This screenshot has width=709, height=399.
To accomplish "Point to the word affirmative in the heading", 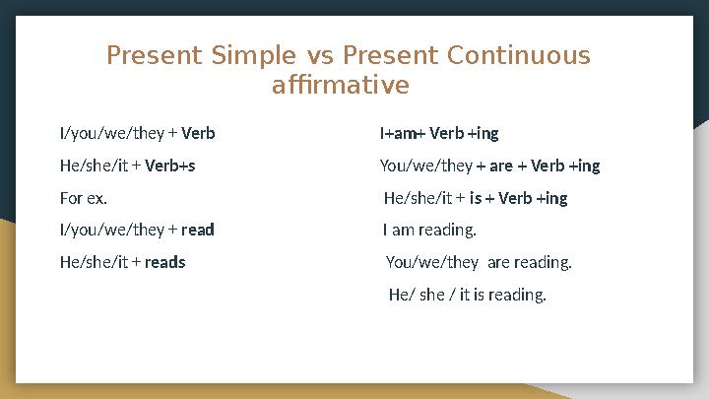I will pos(340,87).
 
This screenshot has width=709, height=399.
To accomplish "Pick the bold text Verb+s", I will pos(170,166).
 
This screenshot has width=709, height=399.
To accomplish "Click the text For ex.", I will pos(83,198).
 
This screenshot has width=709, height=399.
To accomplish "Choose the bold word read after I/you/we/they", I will pos(198,231).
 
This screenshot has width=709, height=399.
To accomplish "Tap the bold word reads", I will pos(165,262).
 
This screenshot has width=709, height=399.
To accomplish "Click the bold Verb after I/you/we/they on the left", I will pos(199,133).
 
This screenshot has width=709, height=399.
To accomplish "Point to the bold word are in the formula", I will pos(500,166).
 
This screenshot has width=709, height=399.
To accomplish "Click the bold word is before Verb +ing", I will pos(476,198).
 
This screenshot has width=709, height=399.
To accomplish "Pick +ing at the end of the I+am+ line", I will pos(483,133).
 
